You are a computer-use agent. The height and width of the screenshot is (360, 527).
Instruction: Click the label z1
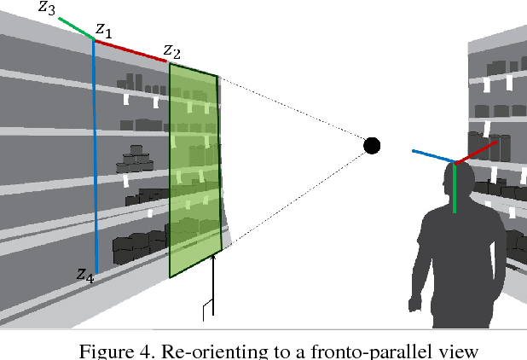pyautogui.click(x=102, y=30)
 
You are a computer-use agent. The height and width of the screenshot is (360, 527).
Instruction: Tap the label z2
pyautogui.click(x=171, y=52)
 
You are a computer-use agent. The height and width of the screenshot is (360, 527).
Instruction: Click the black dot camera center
pyautogui.click(x=372, y=145)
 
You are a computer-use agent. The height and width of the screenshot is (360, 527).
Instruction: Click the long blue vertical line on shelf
pyautogui.click(x=95, y=154)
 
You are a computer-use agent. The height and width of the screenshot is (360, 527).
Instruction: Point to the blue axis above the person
pyautogui.click(x=433, y=157)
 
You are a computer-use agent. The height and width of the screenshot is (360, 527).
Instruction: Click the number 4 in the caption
pyautogui.click(x=142, y=349)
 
